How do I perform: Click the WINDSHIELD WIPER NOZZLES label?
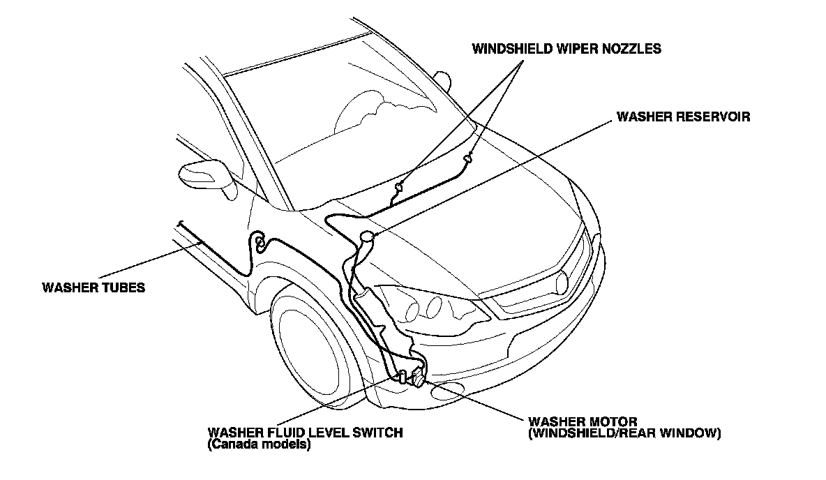point(566,49)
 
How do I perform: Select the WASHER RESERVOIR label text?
point(683,117)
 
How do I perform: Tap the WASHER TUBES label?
point(93,287)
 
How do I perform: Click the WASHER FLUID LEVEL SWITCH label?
point(305,433)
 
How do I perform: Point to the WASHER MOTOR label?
point(583,422)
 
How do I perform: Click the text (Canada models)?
point(259,444)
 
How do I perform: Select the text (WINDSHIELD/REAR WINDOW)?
point(624,433)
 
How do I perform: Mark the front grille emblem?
point(562,281)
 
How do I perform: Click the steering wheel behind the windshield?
point(363,112)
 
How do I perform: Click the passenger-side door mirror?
point(442,78)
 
